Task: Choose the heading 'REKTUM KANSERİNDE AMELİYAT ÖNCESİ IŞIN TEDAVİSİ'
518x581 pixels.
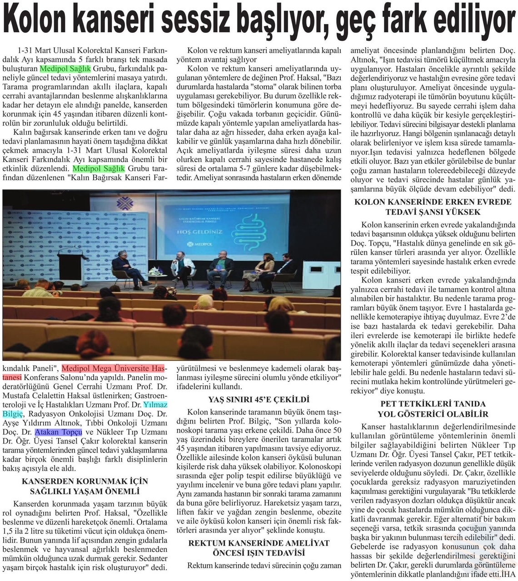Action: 259,548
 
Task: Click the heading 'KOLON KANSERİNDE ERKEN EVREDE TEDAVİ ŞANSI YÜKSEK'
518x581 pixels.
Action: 433,207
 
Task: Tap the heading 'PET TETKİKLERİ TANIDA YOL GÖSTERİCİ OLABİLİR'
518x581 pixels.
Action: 433,409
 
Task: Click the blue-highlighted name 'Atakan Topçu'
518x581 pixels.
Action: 59,432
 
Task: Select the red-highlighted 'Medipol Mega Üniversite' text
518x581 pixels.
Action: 114,368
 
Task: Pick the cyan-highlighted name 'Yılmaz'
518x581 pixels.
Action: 155,405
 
